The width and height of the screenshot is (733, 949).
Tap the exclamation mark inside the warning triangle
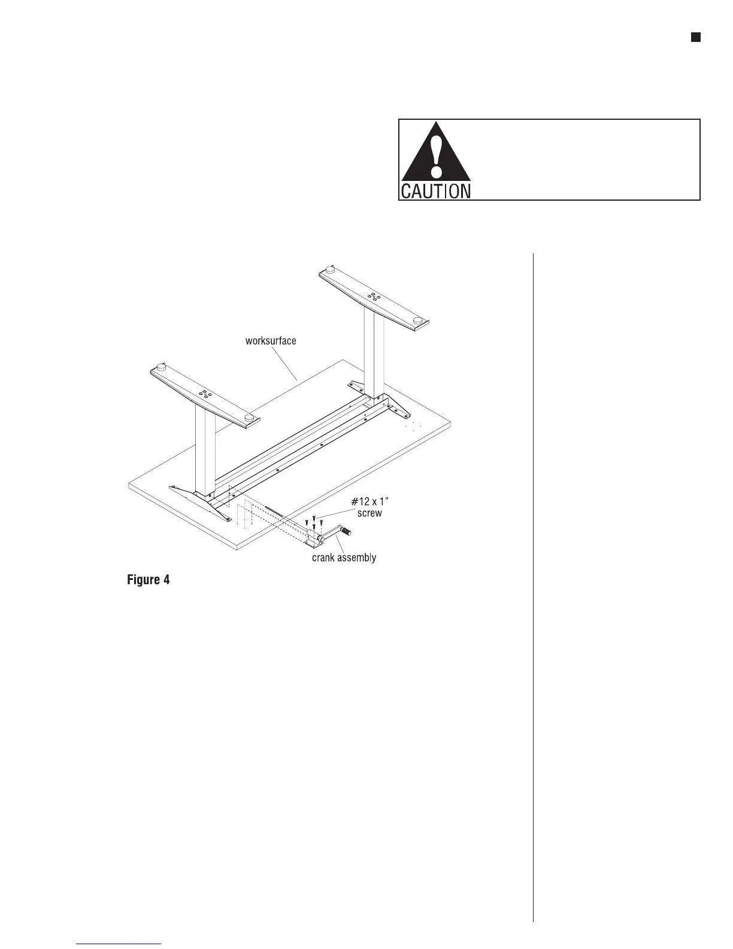pyautogui.click(x=437, y=153)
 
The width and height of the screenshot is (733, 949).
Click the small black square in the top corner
pyautogui.click(x=695, y=38)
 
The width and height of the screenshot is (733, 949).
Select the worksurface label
pyautogui.click(x=271, y=341)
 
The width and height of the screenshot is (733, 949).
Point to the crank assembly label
pyautogui.click(x=344, y=558)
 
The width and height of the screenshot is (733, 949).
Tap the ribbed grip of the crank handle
pyautogui.click(x=346, y=530)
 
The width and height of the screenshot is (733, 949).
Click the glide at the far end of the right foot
pyautogui.click(x=329, y=269)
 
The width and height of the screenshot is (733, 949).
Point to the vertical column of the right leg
pyautogui.click(x=374, y=353)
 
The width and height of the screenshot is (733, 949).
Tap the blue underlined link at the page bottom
pyautogui.click(x=120, y=944)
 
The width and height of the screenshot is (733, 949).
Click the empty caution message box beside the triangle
pyautogui.click(x=584, y=159)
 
